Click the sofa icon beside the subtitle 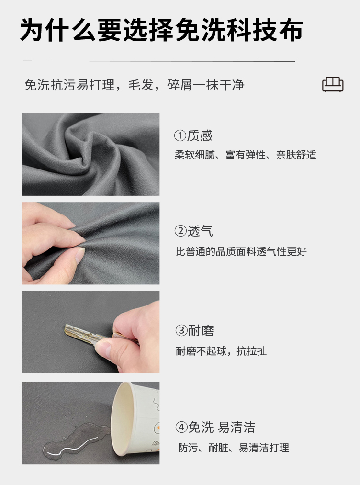pos(333,84)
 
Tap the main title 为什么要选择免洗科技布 pos(161,30)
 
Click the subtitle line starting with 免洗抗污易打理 pos(135,85)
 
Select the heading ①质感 pos(193,135)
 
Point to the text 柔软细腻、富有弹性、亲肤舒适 pos(246,155)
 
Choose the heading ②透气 pos(193,231)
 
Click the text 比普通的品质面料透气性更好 pos(241,251)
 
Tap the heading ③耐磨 pos(194,330)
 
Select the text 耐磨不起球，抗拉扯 pos(221,351)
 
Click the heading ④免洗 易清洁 pos(215,427)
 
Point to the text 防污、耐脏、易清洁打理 pos(234,448)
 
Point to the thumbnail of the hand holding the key pos(90,332)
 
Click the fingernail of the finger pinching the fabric pos(80,255)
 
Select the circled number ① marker pos(180,136)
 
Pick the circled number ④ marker pos(181,428)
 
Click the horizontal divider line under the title pos(159,61)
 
